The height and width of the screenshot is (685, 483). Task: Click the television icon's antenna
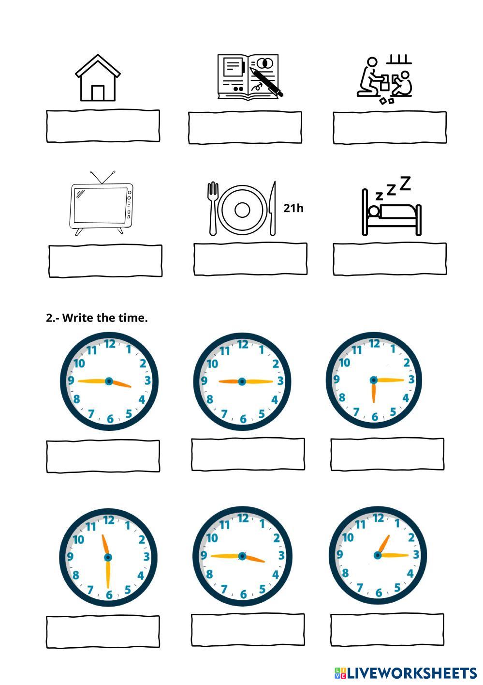(x=102, y=177)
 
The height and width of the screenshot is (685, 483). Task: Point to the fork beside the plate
(x=213, y=208)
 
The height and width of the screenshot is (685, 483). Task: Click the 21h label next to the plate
(x=293, y=208)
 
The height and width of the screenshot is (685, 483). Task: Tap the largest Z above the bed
(x=405, y=183)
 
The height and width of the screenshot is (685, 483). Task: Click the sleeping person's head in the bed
(x=373, y=212)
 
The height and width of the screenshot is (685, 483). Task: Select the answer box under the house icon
(x=103, y=126)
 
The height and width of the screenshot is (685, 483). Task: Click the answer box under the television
(x=105, y=261)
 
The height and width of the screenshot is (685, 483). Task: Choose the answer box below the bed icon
(x=389, y=259)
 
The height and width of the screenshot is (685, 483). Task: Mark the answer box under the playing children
(x=389, y=128)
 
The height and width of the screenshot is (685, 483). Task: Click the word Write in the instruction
(x=78, y=318)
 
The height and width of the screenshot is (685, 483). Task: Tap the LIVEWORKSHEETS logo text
(x=411, y=673)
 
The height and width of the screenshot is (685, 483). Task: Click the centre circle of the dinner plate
(x=242, y=210)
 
